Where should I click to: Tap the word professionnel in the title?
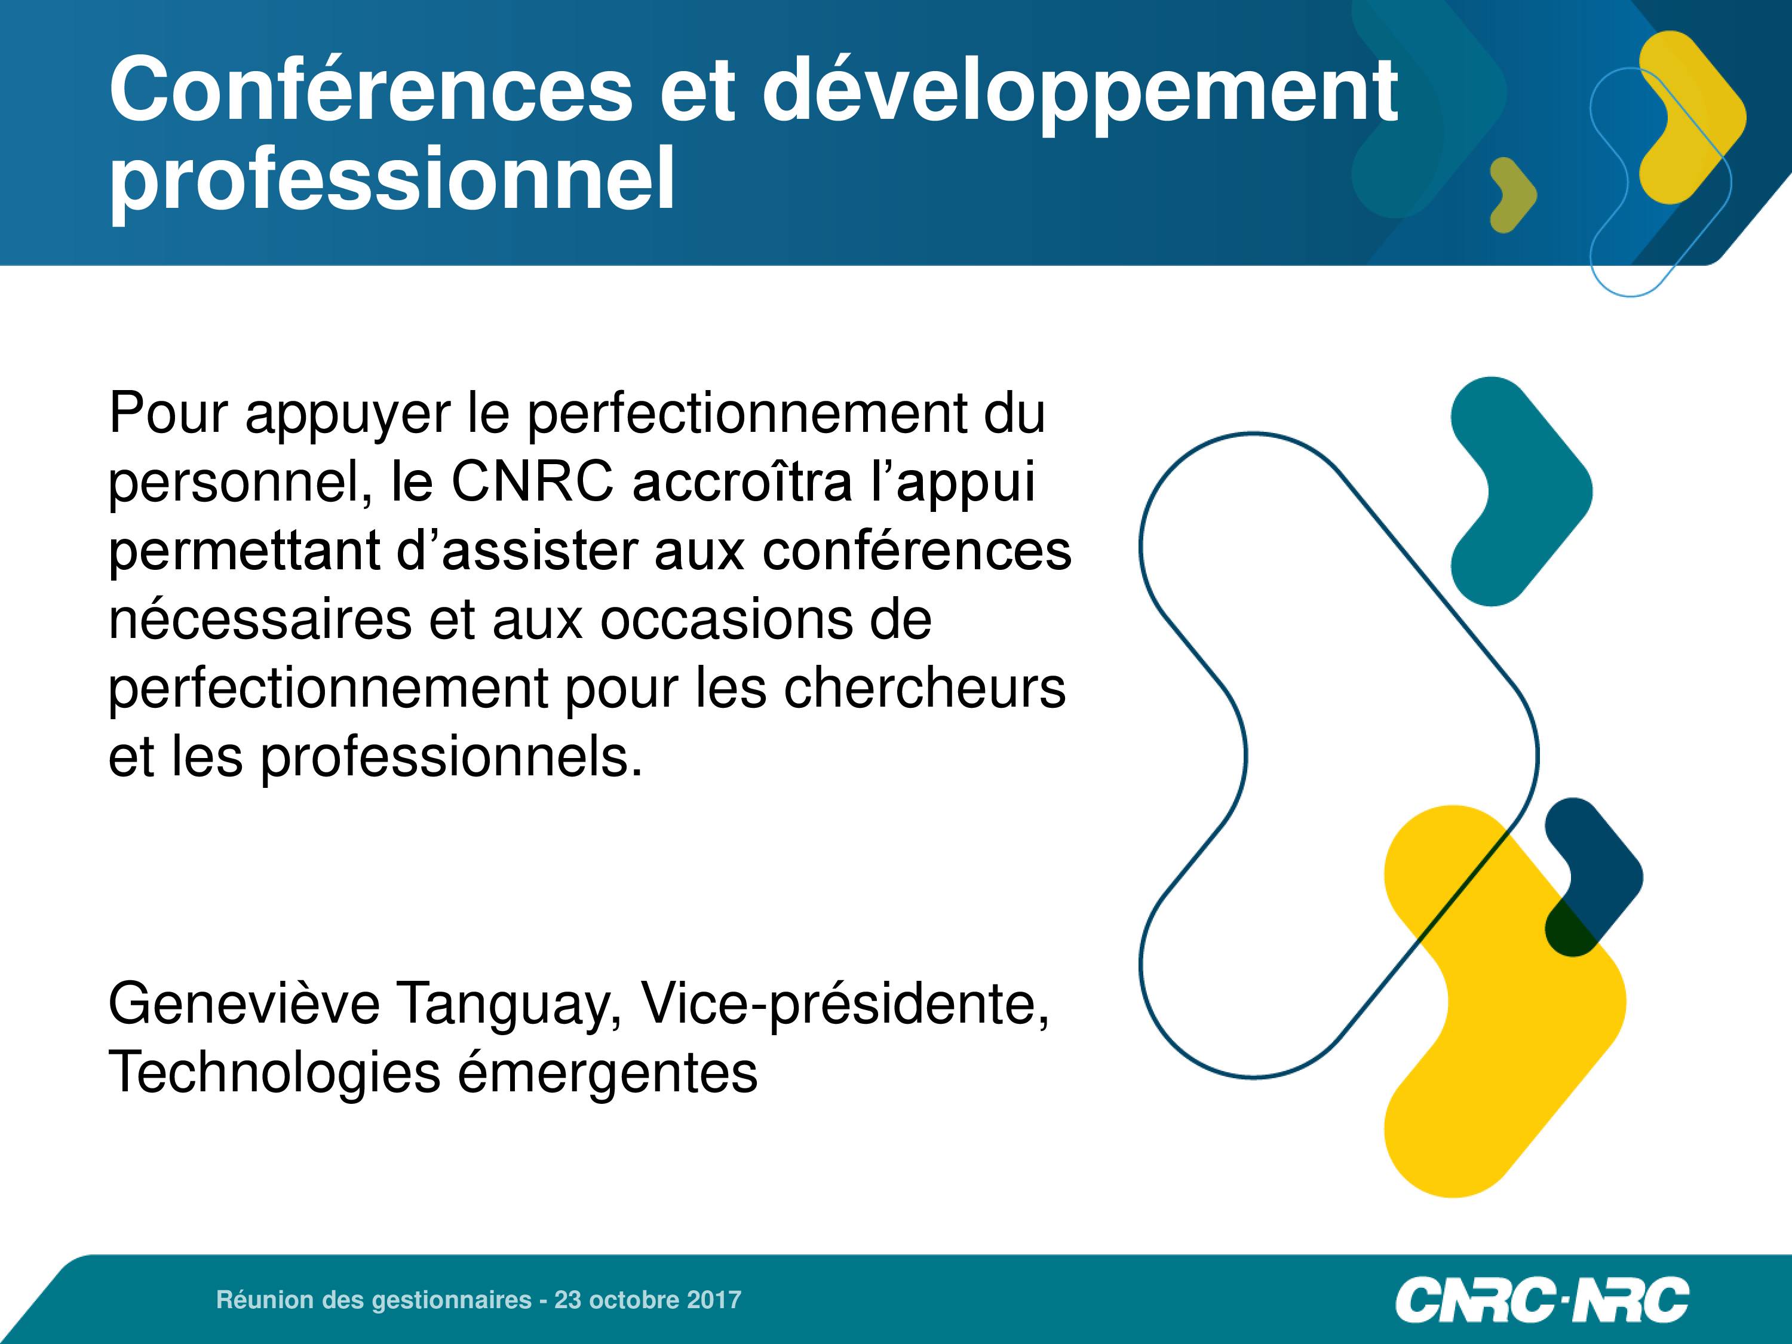click(x=392, y=180)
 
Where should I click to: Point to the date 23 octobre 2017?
click(x=648, y=1299)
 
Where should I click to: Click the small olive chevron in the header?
click(x=1513, y=195)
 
